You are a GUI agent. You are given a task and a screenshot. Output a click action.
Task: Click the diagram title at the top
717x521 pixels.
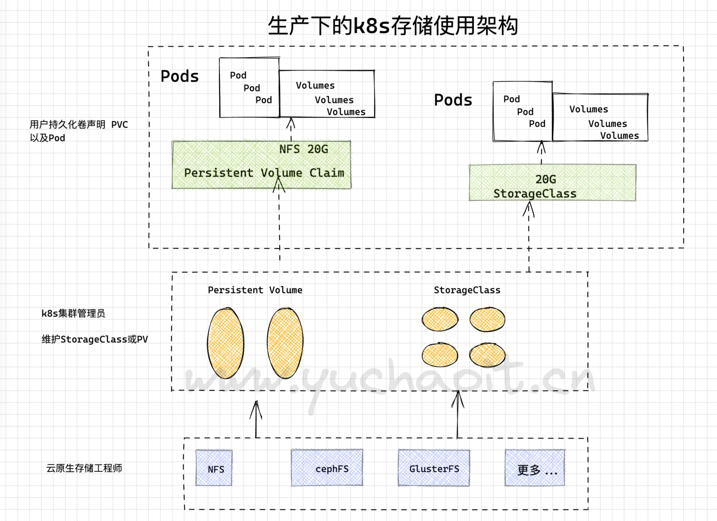pos(393,26)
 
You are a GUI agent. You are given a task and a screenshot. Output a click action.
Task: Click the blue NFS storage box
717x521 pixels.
pos(214,468)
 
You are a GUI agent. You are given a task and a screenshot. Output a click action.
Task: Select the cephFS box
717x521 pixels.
pos(327,468)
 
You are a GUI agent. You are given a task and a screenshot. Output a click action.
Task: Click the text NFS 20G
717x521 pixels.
pos(304,149)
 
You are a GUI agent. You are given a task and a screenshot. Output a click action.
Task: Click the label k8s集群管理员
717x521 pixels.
pos(73,313)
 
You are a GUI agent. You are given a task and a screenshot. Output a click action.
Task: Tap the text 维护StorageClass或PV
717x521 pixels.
pos(94,339)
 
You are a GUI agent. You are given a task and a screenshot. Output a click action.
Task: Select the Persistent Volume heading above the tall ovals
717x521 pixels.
pos(255,290)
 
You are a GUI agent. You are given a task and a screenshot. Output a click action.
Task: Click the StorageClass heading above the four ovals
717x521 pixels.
pos(467,290)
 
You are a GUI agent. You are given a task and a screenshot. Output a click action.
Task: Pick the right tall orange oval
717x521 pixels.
pos(285,343)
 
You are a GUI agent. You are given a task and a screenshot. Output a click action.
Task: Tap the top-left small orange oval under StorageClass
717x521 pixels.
pos(440,319)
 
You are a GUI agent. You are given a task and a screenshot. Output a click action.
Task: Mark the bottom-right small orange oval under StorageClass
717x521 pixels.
pos(487,355)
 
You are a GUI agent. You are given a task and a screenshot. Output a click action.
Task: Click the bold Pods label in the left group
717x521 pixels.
pos(180,76)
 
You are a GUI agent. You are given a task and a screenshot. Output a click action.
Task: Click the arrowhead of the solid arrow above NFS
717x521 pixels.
pos(256,405)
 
